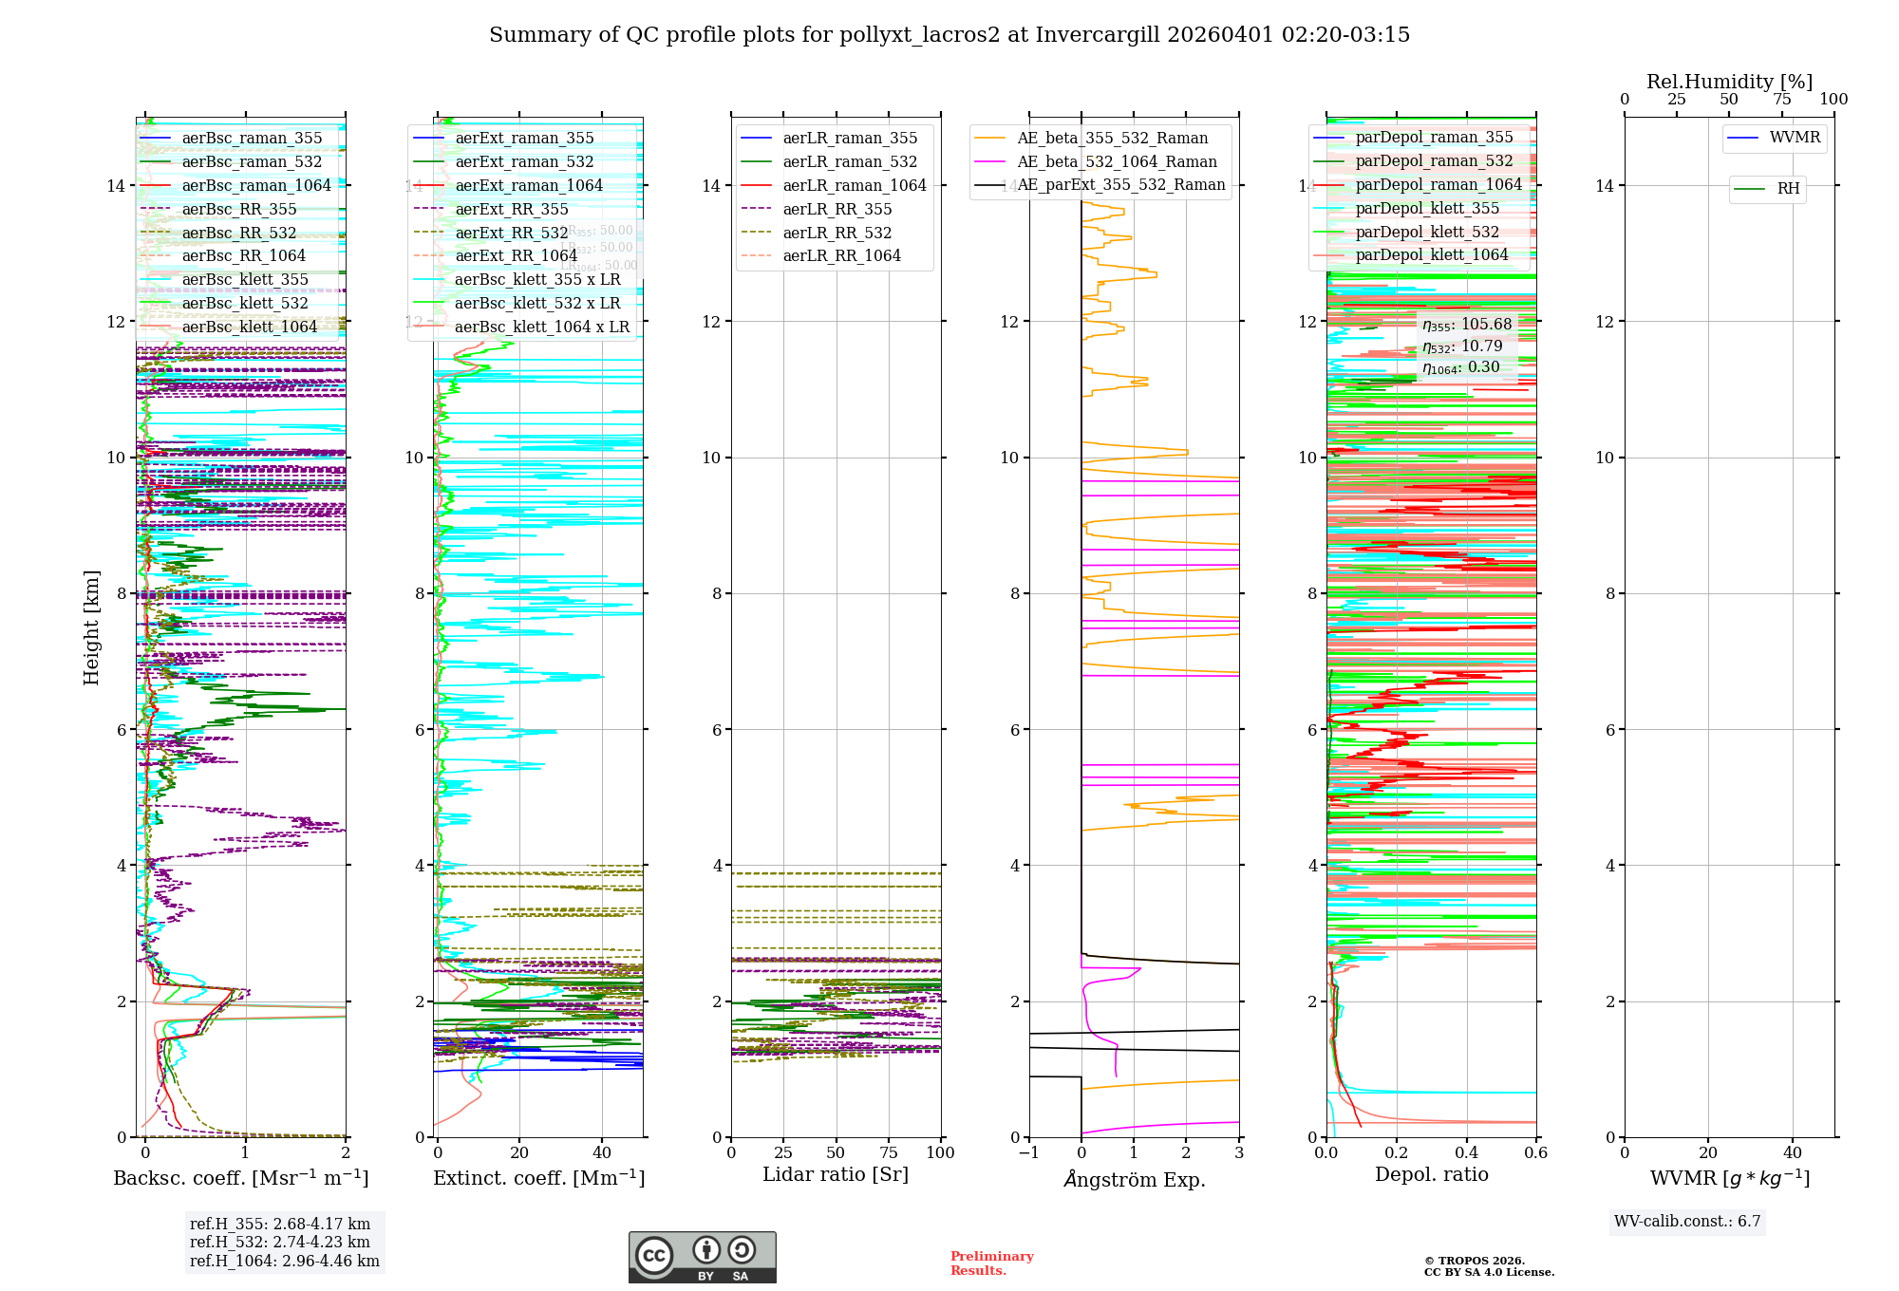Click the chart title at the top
(949, 35)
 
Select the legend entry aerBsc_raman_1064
(256, 186)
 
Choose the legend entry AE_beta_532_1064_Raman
(1117, 162)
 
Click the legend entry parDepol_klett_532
(1427, 233)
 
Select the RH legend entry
(1788, 189)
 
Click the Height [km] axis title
(91, 627)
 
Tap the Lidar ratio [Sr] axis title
(836, 1175)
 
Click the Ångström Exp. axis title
(1135, 1180)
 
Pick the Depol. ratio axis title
(1431, 1175)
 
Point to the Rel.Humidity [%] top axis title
(1729, 82)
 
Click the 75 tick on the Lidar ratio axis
(889, 1153)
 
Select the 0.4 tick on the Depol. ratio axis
(1466, 1153)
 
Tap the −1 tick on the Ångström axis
(1028, 1153)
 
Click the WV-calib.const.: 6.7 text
(1687, 1222)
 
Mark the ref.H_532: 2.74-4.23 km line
(280, 1243)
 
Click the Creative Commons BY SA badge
(702, 1257)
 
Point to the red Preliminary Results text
(991, 1263)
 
